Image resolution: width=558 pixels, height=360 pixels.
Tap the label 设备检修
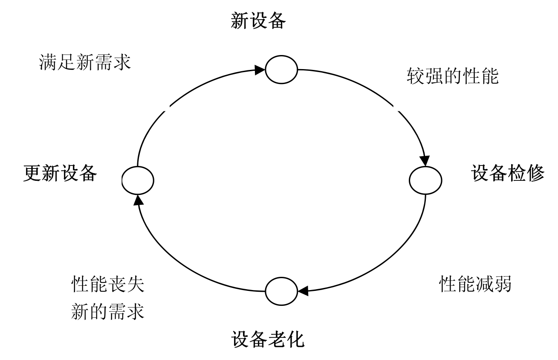[508, 174]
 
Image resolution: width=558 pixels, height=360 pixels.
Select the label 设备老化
[268, 339]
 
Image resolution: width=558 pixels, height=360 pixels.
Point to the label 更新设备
[60, 174]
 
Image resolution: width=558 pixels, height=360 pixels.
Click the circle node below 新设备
[281, 69]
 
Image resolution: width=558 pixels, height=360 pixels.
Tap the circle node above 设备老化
[281, 291]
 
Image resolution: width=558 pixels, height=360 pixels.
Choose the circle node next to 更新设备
[138, 180]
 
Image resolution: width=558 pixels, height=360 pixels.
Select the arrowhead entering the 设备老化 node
[303, 291]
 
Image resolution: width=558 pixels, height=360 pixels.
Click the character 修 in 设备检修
[535, 174]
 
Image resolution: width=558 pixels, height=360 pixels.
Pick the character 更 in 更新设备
[32, 174]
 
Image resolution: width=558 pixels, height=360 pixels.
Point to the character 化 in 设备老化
[296, 339]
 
